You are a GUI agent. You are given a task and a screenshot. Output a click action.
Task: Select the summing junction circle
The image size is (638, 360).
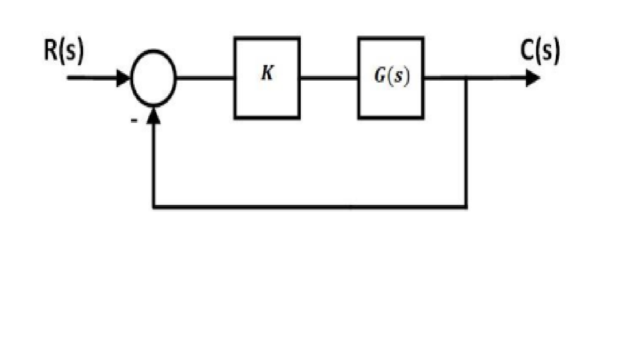click(153, 78)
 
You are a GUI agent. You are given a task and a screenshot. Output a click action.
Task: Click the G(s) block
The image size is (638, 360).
click(391, 101)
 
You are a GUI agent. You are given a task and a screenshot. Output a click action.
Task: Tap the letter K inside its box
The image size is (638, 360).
click(267, 74)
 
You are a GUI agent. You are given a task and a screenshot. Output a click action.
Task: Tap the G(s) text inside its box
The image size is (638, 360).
click(392, 77)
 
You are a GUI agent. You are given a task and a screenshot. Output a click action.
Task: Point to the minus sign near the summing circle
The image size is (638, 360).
click(134, 120)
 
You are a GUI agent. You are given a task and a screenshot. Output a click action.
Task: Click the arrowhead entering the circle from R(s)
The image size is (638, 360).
click(123, 78)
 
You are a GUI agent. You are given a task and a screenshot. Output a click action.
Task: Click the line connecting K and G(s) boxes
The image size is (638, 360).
click(329, 78)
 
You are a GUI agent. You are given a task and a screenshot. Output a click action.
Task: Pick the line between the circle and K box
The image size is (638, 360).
click(205, 78)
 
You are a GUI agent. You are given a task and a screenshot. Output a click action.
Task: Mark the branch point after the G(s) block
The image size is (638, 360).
click(466, 78)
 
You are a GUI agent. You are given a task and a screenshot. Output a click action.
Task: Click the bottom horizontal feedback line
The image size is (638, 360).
click(310, 206)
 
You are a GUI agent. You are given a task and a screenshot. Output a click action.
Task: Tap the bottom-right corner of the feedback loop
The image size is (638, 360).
click(466, 206)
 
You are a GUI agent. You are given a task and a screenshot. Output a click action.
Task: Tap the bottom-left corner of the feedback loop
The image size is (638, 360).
click(154, 206)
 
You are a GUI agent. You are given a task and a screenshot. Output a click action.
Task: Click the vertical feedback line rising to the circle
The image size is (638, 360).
click(154, 164)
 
